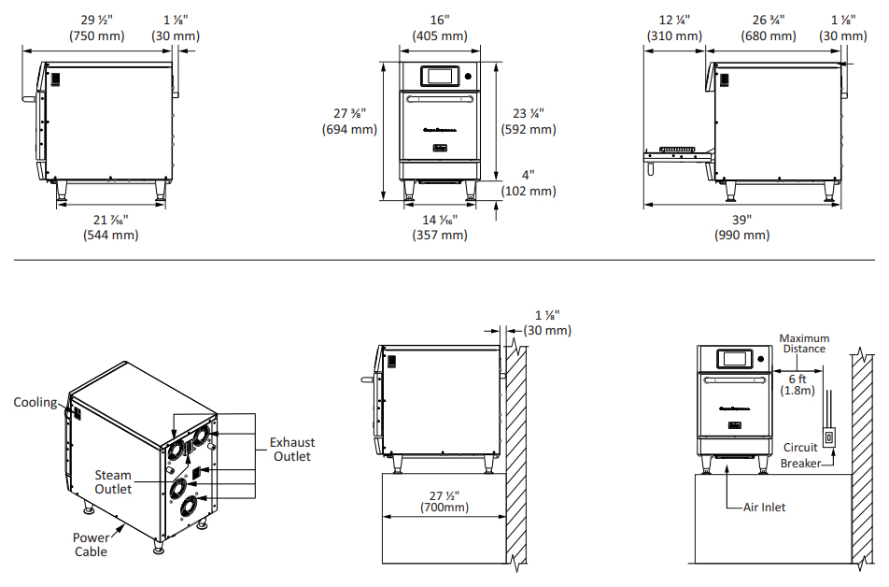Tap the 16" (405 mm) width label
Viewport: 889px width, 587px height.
coord(439,27)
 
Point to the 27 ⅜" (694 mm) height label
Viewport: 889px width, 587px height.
coord(350,122)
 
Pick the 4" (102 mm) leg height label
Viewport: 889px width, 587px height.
coord(529,182)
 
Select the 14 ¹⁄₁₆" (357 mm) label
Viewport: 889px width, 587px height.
coord(439,227)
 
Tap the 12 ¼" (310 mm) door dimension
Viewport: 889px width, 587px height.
coord(674,27)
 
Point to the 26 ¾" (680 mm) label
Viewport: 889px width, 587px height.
coord(769,27)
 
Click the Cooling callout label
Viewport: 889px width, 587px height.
coord(35,403)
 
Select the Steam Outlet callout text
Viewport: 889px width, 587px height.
coord(113,482)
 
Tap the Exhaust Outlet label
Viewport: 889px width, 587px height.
coord(291,449)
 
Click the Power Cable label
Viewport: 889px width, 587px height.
coord(91,544)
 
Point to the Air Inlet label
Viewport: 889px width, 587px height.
coord(764,508)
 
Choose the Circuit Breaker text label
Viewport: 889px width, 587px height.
coord(801,455)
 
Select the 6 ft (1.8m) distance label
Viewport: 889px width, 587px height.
coord(797,385)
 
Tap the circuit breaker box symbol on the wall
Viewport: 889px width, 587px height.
coord(827,439)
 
